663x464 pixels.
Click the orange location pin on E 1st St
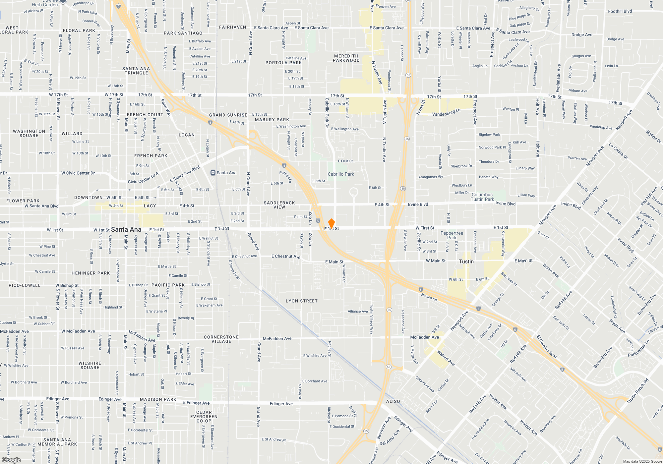331,224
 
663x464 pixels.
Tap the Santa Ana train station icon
213,173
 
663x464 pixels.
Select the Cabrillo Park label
341,174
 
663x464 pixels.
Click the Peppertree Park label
452,235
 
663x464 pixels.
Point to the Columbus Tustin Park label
482,197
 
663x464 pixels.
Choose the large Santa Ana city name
126,229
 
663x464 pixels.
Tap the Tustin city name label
466,261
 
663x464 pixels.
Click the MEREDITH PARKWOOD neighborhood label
346,58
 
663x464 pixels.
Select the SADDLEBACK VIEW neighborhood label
279,205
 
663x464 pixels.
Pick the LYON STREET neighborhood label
302,301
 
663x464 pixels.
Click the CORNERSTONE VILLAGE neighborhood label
221,339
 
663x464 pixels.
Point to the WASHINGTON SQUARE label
29,133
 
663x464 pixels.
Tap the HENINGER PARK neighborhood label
90,273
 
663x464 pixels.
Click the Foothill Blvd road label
620,11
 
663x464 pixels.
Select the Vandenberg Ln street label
446,113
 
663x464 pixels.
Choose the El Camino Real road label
547,346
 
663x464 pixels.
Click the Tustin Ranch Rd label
637,391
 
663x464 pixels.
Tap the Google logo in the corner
11,460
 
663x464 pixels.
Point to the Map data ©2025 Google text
642,461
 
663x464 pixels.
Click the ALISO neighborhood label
393,401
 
